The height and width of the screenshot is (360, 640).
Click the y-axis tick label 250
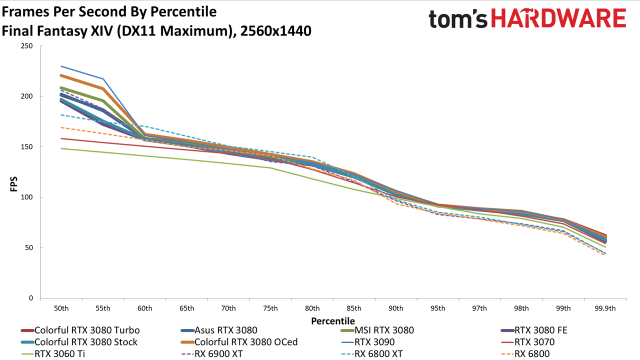[27, 46]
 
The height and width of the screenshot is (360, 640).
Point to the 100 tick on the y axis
[27, 197]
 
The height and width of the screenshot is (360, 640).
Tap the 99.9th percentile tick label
[605, 308]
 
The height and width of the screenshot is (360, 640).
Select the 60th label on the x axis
[145, 308]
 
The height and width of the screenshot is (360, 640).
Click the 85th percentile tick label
[354, 308]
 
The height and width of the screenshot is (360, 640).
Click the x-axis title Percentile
[333, 321]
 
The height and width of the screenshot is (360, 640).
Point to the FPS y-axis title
[13, 184]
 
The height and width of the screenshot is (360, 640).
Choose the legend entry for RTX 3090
[368, 342]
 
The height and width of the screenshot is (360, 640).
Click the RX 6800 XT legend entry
[372, 354]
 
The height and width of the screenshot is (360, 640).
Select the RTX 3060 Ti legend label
[53, 354]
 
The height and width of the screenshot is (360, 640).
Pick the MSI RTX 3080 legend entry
[377, 330]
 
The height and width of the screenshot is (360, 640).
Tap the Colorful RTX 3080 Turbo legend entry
[80, 330]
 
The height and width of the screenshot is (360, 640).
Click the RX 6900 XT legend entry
[212, 354]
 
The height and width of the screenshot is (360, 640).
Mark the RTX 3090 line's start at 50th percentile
[61, 66]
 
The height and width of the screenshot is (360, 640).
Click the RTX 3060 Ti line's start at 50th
[61, 148]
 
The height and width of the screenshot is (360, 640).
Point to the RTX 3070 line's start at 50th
[61, 138]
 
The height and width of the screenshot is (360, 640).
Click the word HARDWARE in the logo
[559, 18]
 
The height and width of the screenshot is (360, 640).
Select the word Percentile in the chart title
[183, 11]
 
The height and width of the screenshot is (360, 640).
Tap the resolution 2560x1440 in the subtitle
[275, 31]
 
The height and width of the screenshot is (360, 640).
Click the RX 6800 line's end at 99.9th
[604, 255]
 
